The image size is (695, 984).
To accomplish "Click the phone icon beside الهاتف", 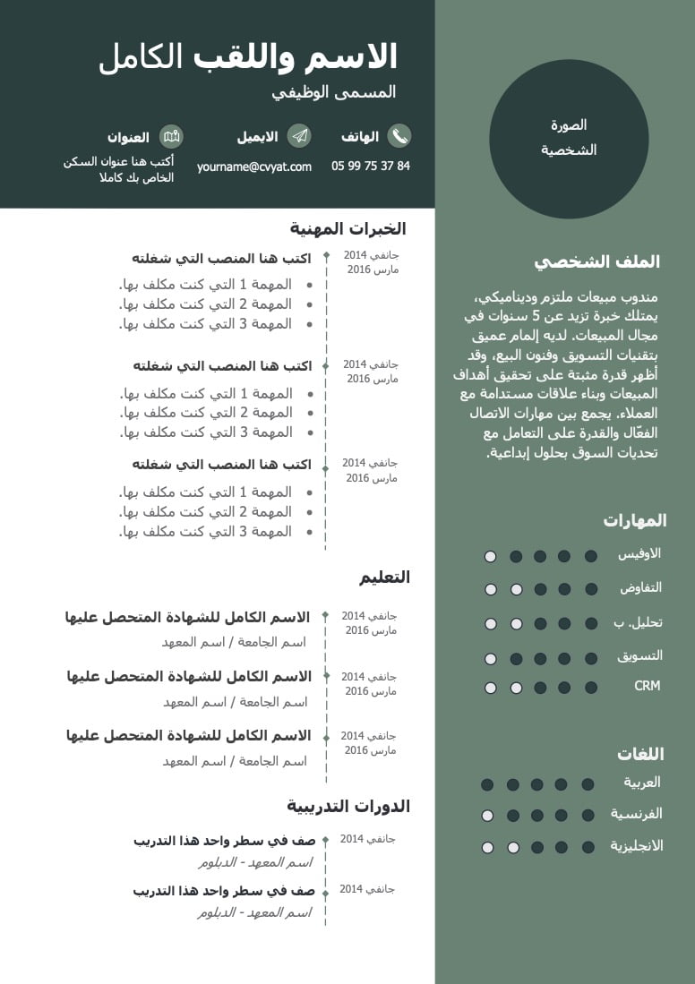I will [x=399, y=136].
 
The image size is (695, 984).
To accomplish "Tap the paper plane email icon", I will [x=299, y=136].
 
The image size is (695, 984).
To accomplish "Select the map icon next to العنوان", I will [x=171, y=137].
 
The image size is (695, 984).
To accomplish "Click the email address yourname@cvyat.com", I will [x=254, y=167].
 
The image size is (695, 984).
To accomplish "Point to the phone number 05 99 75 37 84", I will [x=371, y=166].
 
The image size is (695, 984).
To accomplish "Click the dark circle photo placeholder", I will [x=569, y=139].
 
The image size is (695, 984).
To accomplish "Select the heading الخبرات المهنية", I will [x=347, y=229].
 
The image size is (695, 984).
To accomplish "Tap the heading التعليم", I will [x=384, y=578].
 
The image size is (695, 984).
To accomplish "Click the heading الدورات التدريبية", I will [x=348, y=807].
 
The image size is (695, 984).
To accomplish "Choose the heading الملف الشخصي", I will [x=596, y=261].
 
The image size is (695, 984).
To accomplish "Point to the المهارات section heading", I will [x=634, y=520].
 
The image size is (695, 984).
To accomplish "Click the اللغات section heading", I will [x=640, y=753].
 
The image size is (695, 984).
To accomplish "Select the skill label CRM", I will [x=647, y=686].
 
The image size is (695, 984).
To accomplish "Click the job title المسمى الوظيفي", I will [x=333, y=92].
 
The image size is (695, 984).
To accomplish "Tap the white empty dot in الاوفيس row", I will [x=490, y=557].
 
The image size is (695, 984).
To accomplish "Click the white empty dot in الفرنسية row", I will [x=487, y=816].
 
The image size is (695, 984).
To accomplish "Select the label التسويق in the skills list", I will [x=639, y=656].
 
